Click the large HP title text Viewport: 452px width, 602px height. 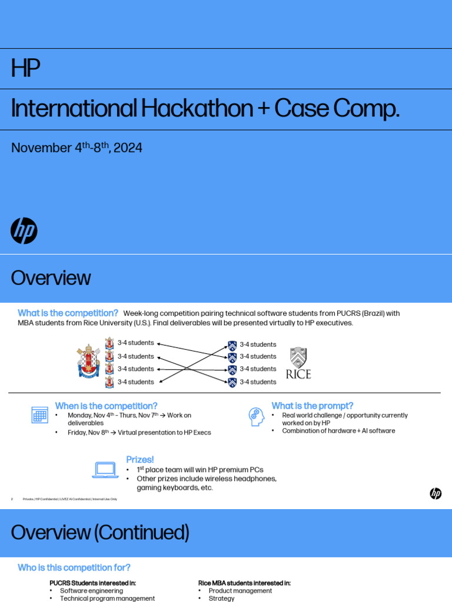click(25, 69)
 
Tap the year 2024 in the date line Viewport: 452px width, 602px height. click(128, 148)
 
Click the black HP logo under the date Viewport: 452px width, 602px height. click(24, 230)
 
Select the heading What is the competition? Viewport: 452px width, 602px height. click(68, 313)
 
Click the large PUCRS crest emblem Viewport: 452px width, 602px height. click(89, 362)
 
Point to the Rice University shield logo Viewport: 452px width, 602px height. click(298, 357)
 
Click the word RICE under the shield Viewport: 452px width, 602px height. click(298, 374)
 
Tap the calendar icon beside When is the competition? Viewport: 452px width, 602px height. click(39, 415)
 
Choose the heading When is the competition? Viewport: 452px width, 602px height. click(106, 406)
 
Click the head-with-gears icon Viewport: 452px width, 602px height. click(256, 416)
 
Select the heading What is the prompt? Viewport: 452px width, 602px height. click(312, 406)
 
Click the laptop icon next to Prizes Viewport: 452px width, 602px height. click(105, 469)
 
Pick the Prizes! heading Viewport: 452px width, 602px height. click(140, 459)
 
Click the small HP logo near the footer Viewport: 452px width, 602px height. click(436, 494)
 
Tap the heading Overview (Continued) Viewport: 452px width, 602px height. click(100, 533)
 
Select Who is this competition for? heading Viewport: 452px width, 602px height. click(74, 567)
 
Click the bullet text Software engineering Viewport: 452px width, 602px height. click(92, 591)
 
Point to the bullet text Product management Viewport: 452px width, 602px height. click(240, 591)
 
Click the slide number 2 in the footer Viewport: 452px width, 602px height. click(12, 499)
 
